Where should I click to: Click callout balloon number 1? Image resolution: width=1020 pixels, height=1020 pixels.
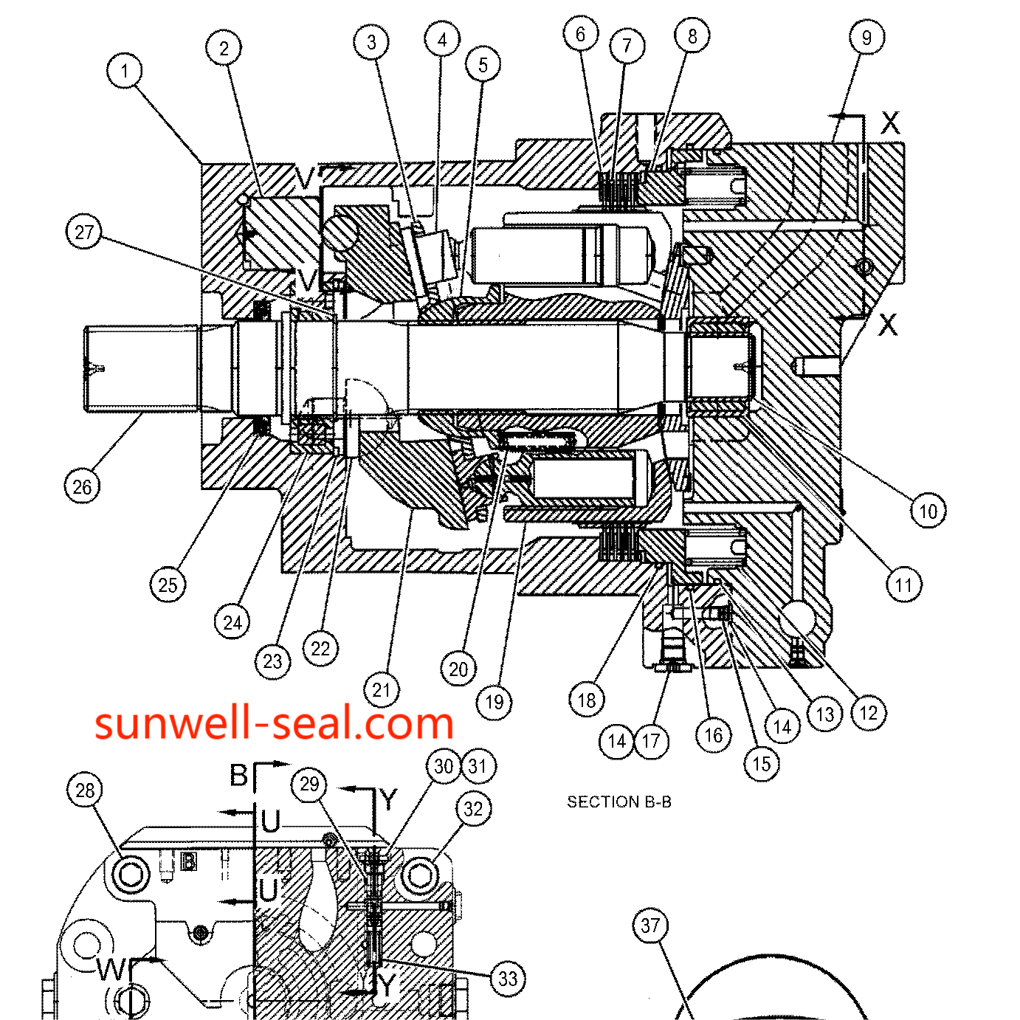pos(125,70)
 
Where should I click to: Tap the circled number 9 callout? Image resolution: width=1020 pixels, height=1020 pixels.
pos(866,37)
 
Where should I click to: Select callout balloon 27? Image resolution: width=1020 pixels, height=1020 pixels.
pos(84,232)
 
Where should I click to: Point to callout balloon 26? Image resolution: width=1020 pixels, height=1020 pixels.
pos(82,487)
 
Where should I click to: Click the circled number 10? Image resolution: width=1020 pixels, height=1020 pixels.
pos(928,511)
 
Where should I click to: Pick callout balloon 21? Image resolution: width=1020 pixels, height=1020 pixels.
pos(381,689)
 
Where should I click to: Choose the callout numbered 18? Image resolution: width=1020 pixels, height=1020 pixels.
pos(587,700)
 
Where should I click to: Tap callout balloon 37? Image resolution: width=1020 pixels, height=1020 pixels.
pos(650,926)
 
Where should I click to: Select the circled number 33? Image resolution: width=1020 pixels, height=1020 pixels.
pos(508,979)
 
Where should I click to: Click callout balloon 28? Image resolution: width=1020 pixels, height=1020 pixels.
pos(85,790)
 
